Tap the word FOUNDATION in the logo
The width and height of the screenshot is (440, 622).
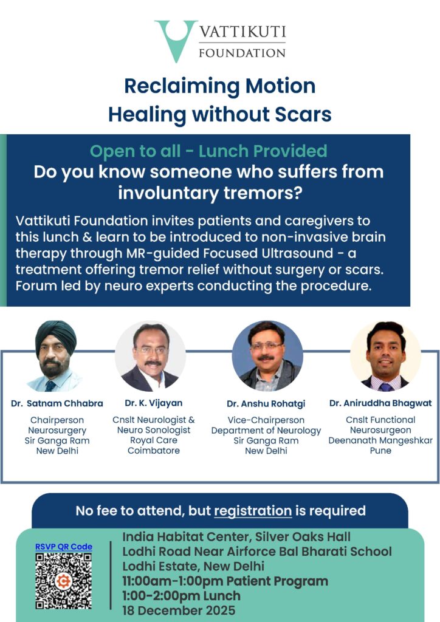[x=242, y=53]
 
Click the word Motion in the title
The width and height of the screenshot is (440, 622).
[x=281, y=86]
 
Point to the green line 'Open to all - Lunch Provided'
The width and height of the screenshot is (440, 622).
[x=208, y=151]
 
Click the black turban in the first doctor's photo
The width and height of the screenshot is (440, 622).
[x=56, y=337]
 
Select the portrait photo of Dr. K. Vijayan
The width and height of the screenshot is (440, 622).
[x=150, y=355]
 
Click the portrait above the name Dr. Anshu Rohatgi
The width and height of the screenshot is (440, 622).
[x=267, y=356]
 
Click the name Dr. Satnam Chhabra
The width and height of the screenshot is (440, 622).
[x=57, y=403]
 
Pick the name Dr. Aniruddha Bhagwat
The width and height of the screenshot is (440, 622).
[x=380, y=403]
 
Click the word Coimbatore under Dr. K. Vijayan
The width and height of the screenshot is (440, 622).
[x=154, y=451]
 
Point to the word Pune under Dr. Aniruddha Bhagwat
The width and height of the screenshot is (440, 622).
[x=380, y=451]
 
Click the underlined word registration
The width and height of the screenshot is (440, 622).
[x=253, y=511]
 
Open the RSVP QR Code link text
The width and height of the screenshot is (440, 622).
[x=64, y=547]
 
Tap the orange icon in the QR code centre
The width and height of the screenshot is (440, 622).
[x=63, y=581]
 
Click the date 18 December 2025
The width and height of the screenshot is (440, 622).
[x=179, y=610]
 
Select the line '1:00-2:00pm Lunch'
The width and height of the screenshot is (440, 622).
[x=181, y=596]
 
